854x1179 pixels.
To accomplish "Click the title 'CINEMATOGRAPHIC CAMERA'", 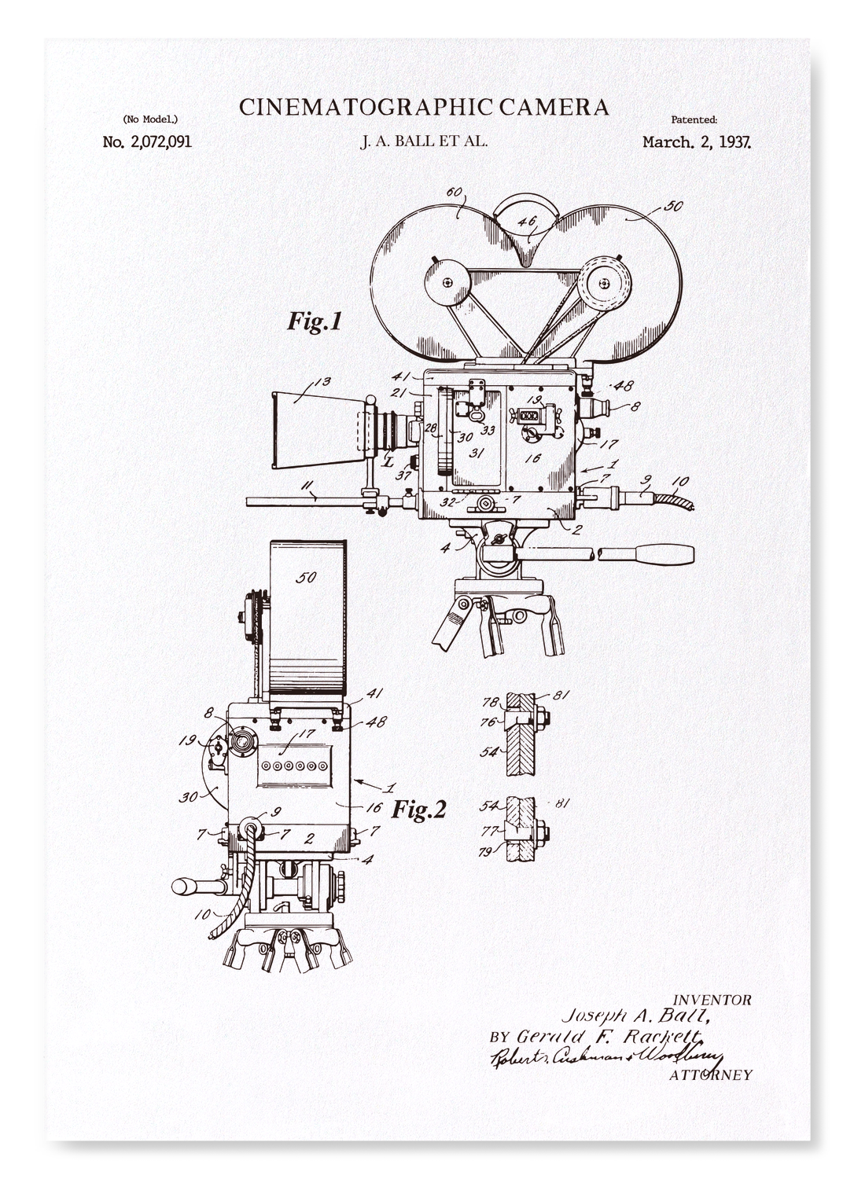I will point(424,107).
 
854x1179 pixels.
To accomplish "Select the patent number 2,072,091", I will point(147,142).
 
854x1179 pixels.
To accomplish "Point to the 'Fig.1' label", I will point(314,321).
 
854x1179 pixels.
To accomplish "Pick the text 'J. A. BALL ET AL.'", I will point(424,143).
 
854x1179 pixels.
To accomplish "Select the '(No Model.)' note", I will point(150,120).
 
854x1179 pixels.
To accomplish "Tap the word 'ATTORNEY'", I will point(710,1074).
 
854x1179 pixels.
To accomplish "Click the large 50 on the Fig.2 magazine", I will point(305,578).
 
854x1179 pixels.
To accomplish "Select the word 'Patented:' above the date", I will point(694,120).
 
